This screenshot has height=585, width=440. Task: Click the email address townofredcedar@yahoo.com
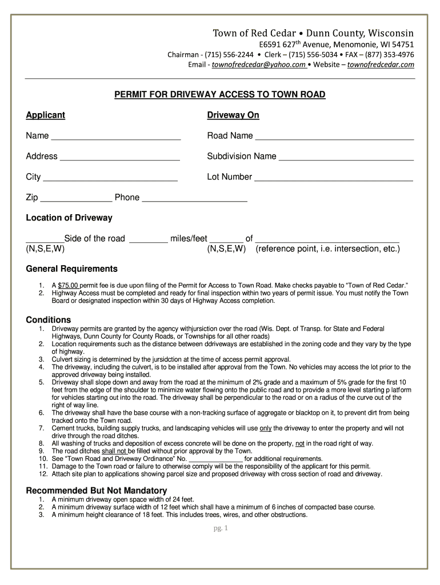[259, 65]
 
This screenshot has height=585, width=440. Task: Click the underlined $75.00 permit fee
[68, 285]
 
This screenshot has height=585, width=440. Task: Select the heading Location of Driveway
[69, 218]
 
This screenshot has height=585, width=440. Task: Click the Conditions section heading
[49, 319]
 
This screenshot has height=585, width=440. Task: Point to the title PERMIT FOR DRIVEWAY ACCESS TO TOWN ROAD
[220, 94]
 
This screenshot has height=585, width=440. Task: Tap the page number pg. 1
[220, 528]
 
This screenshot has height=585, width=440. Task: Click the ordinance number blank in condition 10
[215, 459]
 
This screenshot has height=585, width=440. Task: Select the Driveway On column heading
[233, 115]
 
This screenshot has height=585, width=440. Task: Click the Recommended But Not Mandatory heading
[97, 490]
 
